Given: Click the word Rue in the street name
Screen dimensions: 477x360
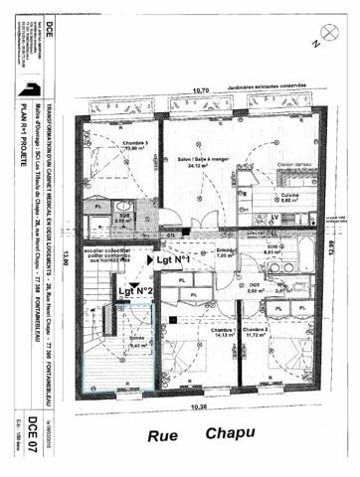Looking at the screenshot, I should coord(164,434).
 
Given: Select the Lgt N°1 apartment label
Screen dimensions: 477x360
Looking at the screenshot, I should coord(173,259).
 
